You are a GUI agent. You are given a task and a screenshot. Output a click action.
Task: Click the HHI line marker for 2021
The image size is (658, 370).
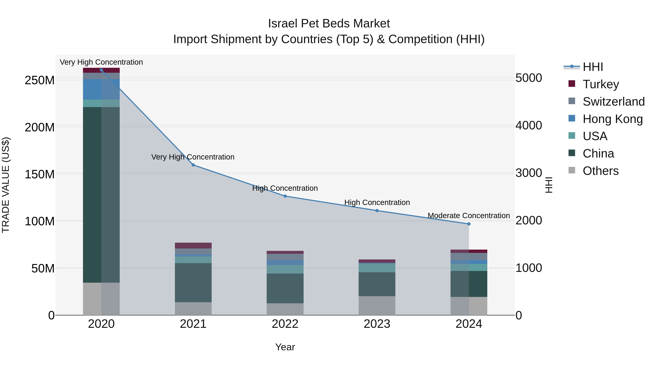tap(193, 165)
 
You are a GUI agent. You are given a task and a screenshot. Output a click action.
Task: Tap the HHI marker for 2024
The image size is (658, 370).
tap(469, 224)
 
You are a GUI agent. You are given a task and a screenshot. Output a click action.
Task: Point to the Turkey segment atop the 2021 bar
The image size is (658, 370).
tap(193, 245)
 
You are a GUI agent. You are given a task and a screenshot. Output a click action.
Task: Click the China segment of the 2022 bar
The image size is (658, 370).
tap(285, 288)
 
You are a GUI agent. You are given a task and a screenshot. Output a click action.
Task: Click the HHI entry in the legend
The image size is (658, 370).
tap(593, 67)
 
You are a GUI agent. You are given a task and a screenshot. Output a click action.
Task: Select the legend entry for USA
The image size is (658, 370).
tap(595, 136)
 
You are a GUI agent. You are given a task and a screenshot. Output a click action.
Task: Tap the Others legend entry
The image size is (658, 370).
tap(600, 171)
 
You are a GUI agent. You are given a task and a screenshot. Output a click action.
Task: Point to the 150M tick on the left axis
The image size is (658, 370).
tap(40, 174)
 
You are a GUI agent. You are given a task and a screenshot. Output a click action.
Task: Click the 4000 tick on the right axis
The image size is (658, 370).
tap(528, 125)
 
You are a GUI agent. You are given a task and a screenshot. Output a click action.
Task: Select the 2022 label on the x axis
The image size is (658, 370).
tap(285, 324)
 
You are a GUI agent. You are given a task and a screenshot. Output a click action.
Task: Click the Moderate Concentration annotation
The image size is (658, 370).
tap(469, 216)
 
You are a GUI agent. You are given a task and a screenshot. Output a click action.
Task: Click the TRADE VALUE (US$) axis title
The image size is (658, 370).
tap(6, 185)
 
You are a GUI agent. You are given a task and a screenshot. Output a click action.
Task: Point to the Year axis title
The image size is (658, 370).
tap(285, 347)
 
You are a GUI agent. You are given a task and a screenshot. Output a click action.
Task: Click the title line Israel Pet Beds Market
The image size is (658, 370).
tap(329, 24)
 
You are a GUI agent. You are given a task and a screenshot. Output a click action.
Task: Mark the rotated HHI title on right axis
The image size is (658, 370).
tap(549, 185)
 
